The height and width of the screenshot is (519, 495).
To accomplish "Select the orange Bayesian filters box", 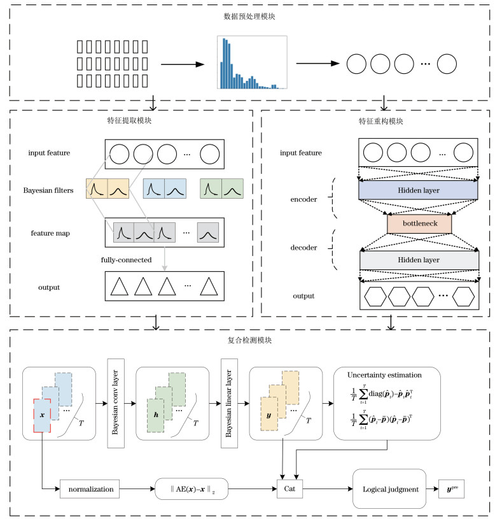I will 107,189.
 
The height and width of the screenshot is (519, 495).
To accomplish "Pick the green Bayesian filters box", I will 222,189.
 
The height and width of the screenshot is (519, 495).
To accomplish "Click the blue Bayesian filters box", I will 165,189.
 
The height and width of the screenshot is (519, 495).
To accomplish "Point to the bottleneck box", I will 418,224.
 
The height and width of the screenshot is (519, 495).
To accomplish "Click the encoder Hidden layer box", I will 418,190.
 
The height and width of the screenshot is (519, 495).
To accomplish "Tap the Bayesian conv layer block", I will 116,404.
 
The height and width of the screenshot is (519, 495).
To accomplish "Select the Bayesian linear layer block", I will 228,404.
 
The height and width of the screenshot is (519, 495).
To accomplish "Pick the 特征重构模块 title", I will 377,120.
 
